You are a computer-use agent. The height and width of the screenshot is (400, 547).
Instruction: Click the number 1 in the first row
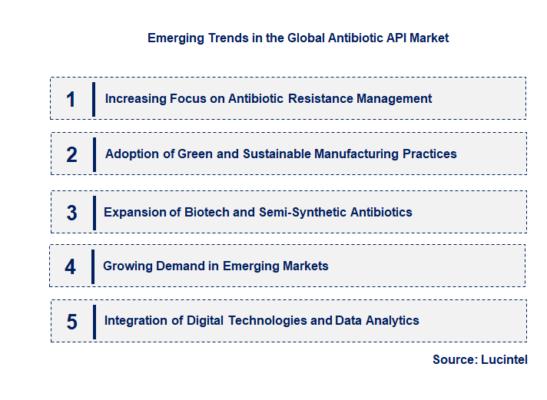[x=71, y=99]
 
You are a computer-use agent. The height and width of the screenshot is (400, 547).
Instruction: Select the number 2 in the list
[x=71, y=154]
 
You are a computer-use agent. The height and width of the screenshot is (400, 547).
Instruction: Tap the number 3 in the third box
[x=71, y=213]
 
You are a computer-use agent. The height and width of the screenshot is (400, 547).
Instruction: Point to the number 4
[x=71, y=266]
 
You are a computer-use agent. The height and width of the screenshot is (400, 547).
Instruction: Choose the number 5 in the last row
[x=71, y=322]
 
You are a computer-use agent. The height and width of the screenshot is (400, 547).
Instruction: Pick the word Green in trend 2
[x=195, y=154]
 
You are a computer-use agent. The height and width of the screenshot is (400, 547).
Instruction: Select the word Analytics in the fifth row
[x=390, y=320]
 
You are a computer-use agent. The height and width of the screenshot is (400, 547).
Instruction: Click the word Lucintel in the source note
[x=504, y=359]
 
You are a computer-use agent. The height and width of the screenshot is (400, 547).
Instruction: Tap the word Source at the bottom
[x=453, y=359]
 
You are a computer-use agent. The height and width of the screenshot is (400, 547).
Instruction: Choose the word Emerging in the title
[x=176, y=38]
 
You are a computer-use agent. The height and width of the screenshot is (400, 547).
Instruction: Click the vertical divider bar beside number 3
[x=94, y=213]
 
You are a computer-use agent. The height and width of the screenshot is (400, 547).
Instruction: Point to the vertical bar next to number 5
[x=94, y=321]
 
